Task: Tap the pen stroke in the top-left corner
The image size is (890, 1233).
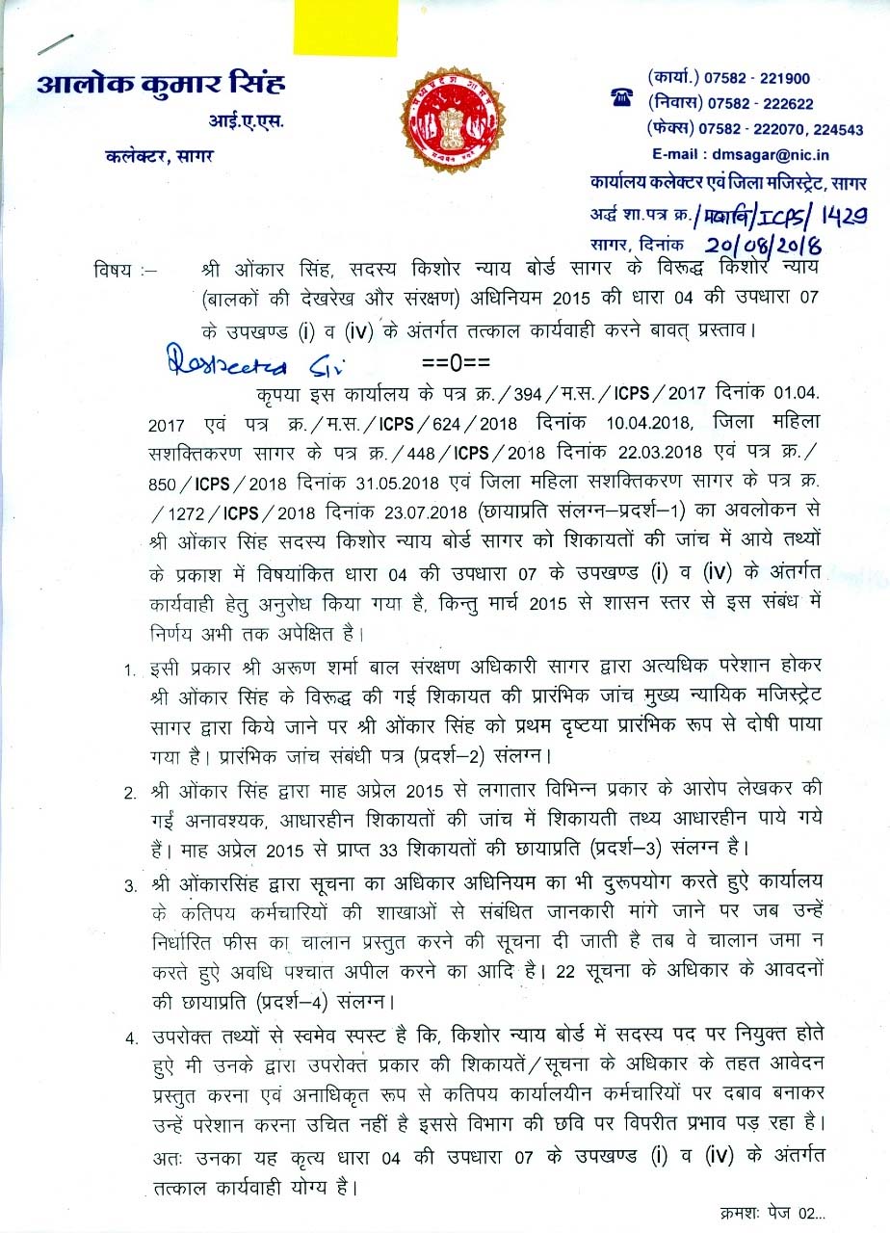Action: click(54, 46)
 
